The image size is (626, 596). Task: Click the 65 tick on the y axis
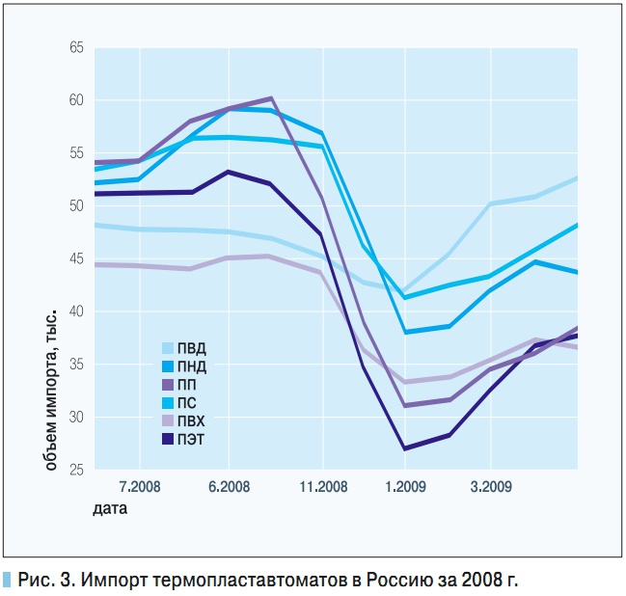click(77, 48)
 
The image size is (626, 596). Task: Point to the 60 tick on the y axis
click(77, 100)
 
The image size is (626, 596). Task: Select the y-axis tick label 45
click(77, 258)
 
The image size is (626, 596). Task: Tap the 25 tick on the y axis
click(77, 470)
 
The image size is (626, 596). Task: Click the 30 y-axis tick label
click(77, 418)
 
